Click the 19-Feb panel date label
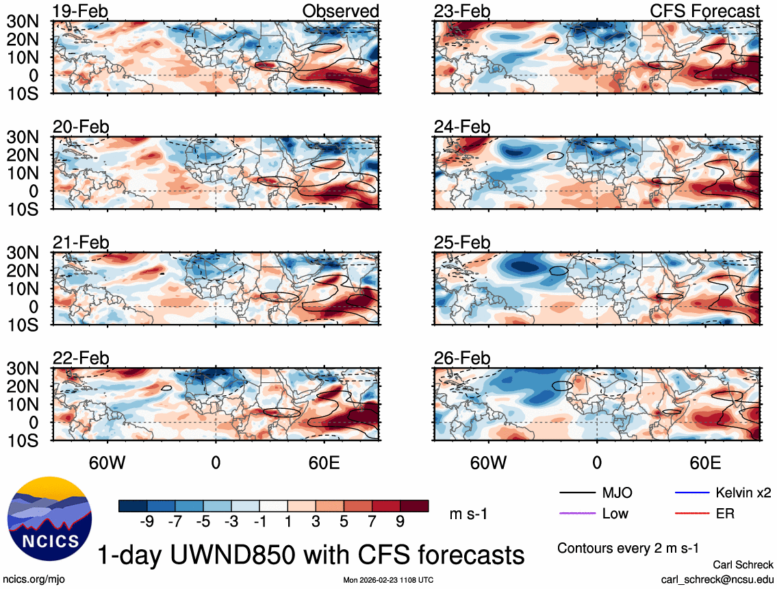(81, 12)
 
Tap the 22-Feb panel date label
(81, 358)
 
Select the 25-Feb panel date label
(462, 242)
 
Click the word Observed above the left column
(340, 12)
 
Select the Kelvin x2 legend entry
(744, 493)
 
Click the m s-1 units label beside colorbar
(468, 514)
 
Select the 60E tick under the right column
(704, 462)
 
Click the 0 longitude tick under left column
(216, 462)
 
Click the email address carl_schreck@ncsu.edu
(717, 579)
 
